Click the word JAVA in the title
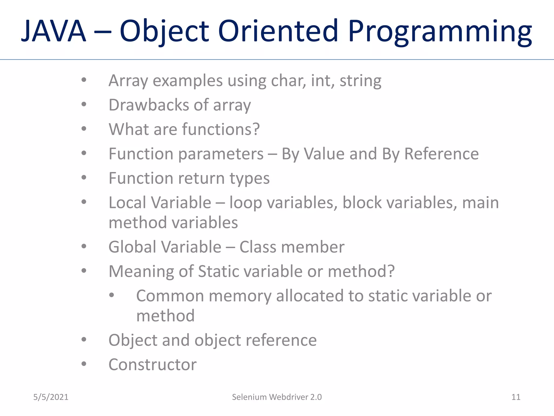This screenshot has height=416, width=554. [54, 31]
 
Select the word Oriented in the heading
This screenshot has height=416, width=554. [278, 31]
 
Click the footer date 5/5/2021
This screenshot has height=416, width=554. [51, 397]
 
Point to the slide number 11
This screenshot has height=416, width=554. [516, 397]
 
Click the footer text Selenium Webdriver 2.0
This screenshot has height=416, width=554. [277, 397]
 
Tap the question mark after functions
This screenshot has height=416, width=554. [256, 129]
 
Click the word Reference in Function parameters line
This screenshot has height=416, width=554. [441, 154]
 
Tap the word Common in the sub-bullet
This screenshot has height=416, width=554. [170, 296]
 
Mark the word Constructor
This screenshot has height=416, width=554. [153, 365]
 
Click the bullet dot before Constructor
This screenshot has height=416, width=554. [84, 364]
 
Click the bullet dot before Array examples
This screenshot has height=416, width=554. [84, 80]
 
